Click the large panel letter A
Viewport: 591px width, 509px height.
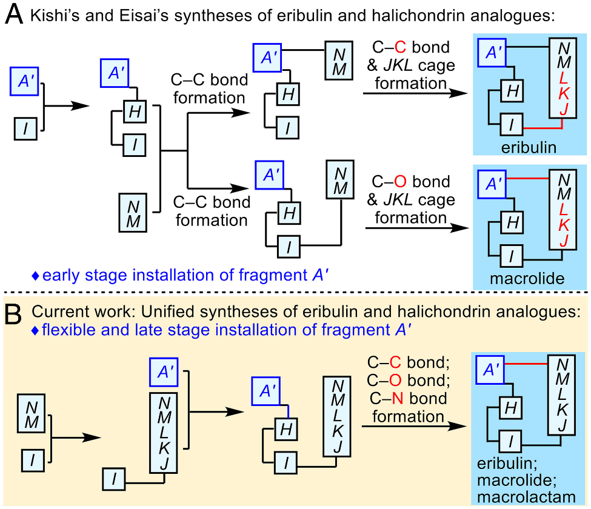click(x=13, y=15)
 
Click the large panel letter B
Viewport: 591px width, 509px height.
click(x=13, y=314)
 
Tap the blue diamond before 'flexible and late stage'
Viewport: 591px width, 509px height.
click(x=35, y=331)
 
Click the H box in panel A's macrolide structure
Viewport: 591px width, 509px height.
click(x=512, y=223)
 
